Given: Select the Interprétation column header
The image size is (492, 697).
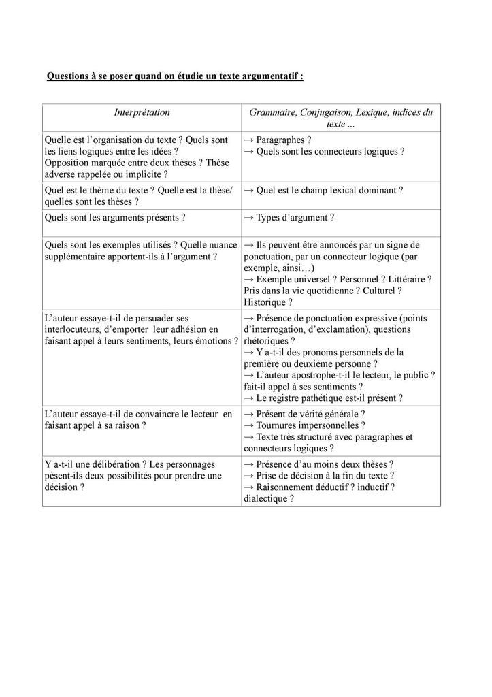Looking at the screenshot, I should click(x=142, y=112).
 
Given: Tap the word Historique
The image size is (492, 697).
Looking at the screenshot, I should click(x=265, y=302).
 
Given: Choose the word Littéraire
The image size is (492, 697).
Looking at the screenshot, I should click(x=407, y=279).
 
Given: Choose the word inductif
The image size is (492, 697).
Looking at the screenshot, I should click(x=368, y=487).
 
